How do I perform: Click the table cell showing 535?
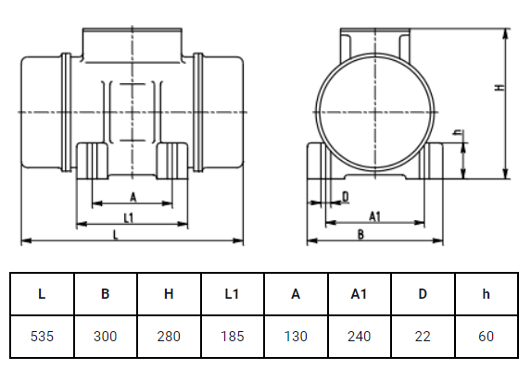pos(42,337)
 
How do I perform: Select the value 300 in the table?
pos(106,337)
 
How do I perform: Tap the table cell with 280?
pos(169,337)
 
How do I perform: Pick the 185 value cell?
pos(233,337)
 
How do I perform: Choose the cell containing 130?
pos(296,337)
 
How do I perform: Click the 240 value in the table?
pos(359,337)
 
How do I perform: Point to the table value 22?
pos(423,337)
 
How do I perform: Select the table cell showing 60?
pos(487,337)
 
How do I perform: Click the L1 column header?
pos(233,294)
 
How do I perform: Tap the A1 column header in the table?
pos(359,294)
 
